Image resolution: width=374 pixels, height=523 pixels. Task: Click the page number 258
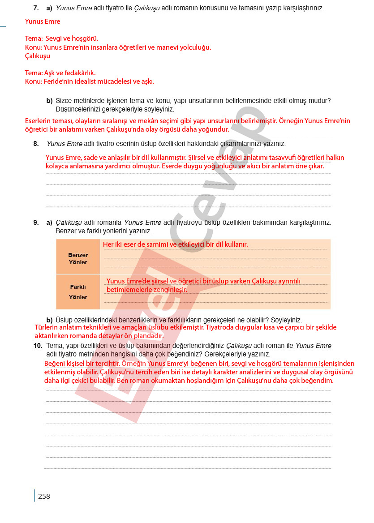point(44,496)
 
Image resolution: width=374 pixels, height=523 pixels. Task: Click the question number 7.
point(36,8)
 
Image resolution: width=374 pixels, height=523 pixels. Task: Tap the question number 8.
point(36,144)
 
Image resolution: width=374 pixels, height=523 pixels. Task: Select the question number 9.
point(36,223)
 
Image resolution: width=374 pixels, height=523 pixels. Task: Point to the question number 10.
point(38,346)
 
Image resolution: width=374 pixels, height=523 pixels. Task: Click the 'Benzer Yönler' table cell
point(78,259)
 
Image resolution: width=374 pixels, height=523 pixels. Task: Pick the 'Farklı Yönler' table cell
point(78,292)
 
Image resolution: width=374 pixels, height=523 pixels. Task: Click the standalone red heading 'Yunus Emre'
point(43,21)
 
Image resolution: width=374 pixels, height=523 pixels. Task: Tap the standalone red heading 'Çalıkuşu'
point(38,56)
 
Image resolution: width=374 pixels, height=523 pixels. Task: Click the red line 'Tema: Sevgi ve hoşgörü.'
point(62,39)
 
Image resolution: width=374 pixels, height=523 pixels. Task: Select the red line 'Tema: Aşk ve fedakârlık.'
point(60,73)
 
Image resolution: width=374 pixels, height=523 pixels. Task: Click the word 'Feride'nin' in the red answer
point(58,81)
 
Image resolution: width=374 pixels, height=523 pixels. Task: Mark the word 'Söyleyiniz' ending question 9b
point(287,320)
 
